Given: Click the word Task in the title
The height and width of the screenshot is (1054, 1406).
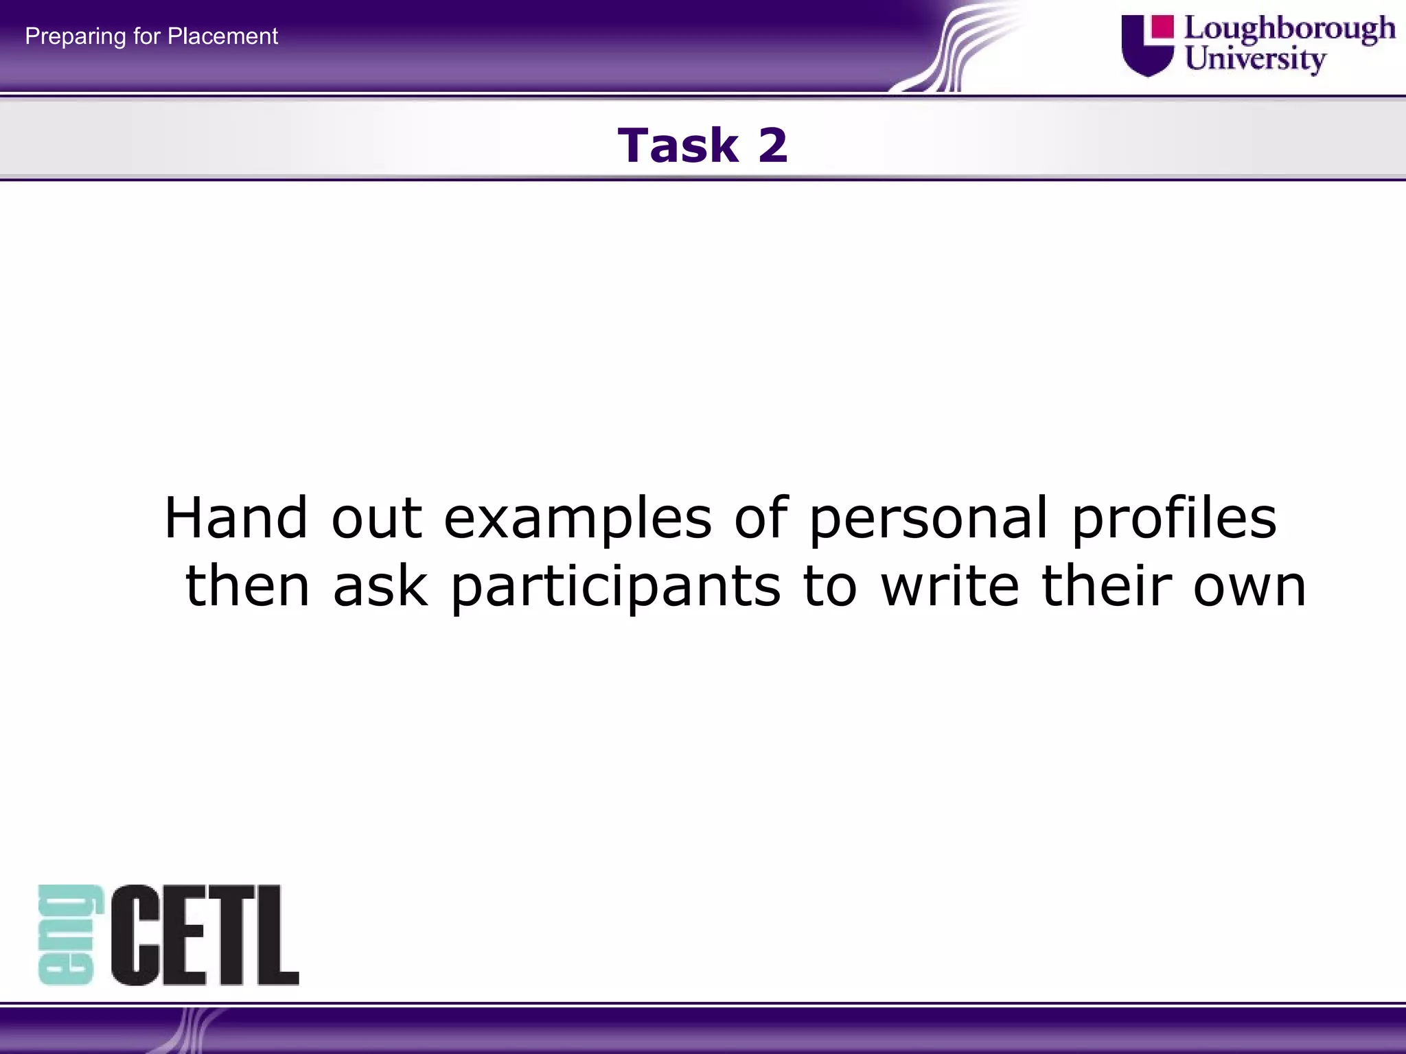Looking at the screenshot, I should [678, 145].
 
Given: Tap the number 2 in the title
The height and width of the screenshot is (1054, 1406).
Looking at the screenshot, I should [772, 145].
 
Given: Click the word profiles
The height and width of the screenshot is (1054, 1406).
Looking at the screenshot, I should [1173, 518].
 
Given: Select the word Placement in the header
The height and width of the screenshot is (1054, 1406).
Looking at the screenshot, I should [222, 36].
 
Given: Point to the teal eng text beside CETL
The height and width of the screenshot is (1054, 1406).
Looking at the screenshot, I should [69, 935].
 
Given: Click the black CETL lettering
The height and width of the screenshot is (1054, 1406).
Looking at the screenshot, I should [205, 935].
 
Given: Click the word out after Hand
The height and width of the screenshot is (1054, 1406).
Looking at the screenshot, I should [376, 518].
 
